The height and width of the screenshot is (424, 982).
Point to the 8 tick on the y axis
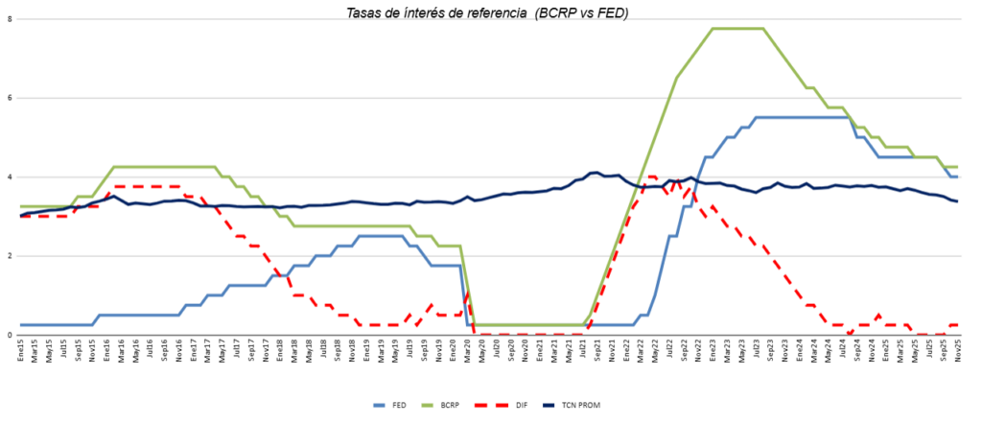[x=9, y=19]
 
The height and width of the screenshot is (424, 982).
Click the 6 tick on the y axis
[x=9, y=98]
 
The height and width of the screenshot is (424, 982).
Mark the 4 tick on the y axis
[x=9, y=177]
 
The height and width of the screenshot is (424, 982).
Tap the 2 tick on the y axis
[x=9, y=256]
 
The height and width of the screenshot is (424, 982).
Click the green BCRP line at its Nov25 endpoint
[x=956, y=167]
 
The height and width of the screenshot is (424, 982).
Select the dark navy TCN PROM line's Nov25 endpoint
[x=956, y=201]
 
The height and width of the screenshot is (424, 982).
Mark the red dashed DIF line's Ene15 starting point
[x=21, y=217]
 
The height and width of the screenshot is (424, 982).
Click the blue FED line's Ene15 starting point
[x=21, y=325]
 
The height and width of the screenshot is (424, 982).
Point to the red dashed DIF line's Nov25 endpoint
[x=956, y=324]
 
